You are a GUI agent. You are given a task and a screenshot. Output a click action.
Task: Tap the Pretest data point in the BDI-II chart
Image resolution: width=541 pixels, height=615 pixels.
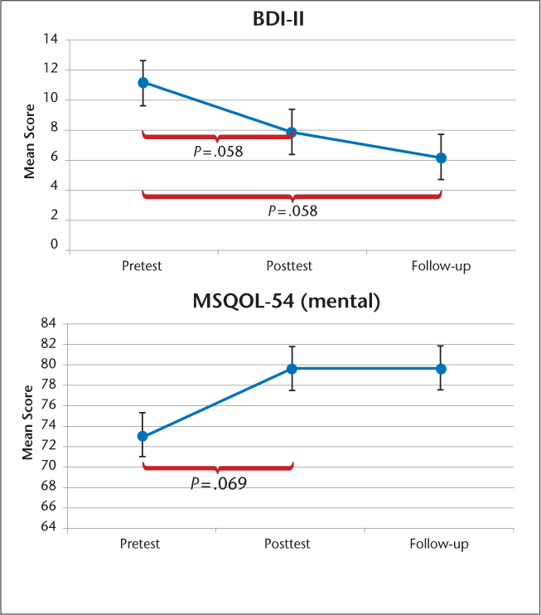tap(142, 82)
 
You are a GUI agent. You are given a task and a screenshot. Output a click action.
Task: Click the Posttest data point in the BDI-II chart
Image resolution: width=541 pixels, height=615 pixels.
tap(292, 132)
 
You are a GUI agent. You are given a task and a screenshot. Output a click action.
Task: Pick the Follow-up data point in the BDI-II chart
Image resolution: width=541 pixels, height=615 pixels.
tap(441, 157)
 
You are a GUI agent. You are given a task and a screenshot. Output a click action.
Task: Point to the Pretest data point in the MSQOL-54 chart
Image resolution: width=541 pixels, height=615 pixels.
tap(142, 436)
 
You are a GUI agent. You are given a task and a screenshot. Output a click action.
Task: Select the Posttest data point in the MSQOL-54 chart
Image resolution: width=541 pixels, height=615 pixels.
tap(292, 368)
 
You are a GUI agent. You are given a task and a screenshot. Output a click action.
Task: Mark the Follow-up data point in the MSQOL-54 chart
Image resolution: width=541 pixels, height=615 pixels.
tap(441, 368)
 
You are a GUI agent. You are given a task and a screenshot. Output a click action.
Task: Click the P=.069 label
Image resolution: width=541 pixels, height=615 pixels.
tap(218, 482)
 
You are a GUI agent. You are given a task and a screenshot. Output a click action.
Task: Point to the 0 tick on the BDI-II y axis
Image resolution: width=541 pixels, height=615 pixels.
tap(54, 245)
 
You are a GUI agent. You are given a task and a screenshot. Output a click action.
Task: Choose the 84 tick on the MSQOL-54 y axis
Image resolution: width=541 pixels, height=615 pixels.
tap(50, 323)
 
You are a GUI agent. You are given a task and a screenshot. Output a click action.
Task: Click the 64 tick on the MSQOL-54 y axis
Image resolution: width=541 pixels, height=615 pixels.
tap(50, 527)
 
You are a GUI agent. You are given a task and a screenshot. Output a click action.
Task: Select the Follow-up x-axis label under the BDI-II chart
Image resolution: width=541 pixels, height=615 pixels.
tap(440, 266)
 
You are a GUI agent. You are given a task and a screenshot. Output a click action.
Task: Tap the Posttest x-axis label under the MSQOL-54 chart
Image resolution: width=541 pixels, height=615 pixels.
tap(287, 544)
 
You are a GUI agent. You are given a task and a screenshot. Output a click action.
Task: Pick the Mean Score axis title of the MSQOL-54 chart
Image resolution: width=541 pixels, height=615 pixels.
tap(28, 424)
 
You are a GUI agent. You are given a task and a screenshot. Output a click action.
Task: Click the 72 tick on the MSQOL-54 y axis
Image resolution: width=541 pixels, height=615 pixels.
tap(50, 446)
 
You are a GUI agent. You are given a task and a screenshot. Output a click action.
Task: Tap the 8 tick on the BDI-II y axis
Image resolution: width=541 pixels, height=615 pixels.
tap(54, 128)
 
